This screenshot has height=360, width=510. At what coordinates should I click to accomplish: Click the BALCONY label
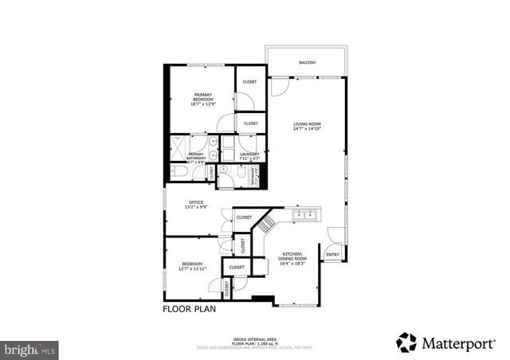coord(307,63)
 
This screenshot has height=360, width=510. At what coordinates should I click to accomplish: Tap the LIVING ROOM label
coord(307,123)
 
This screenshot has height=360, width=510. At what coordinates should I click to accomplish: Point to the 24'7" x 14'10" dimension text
coord(307,129)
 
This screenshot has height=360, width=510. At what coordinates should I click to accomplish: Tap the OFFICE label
coord(197,202)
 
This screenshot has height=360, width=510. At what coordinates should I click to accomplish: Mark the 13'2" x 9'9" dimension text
coord(197,208)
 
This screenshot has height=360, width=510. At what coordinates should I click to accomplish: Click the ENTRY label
coord(332,255)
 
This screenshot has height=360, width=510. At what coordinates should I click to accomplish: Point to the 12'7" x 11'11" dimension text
coord(192,269)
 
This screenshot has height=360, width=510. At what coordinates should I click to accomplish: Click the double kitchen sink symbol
coord(306,215)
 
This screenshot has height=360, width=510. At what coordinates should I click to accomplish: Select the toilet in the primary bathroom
coord(177,170)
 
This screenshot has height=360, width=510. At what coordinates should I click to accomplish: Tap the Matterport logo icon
coord(408,342)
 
